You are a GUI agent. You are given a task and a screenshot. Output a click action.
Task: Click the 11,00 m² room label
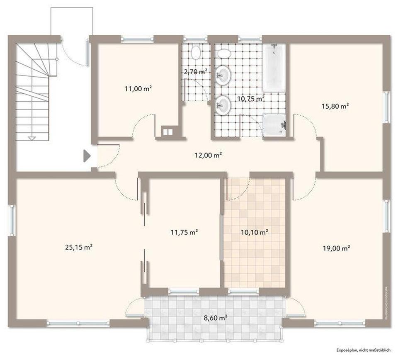point(138,88)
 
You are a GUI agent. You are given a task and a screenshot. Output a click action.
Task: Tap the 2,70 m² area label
point(195,72)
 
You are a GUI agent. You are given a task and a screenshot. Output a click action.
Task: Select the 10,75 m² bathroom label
point(250,99)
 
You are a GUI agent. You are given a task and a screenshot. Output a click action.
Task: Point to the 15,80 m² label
point(335,106)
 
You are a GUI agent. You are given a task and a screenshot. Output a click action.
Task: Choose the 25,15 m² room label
point(78,247)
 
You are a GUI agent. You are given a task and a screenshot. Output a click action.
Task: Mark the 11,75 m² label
point(184,232)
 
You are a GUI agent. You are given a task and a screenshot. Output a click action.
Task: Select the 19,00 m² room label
point(337,248)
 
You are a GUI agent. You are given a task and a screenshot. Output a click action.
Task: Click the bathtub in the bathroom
point(274,68)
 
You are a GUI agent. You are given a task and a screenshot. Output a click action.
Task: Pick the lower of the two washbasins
point(223,105)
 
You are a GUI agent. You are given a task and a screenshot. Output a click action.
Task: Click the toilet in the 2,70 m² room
point(196,53)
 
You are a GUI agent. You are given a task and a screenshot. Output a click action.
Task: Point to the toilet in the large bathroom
point(224,54)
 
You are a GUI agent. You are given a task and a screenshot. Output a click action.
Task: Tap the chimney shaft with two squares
point(167,131)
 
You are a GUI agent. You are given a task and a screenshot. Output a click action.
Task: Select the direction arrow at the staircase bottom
point(32,137)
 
